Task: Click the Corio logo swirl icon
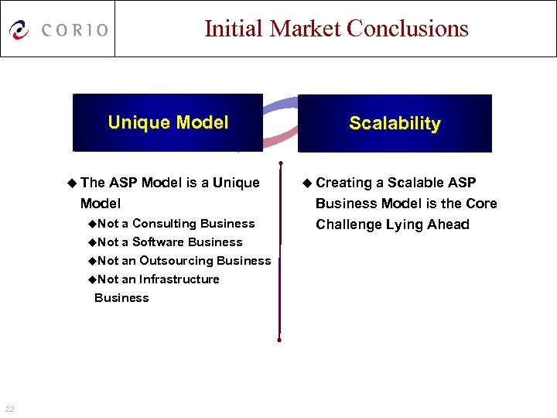[x=19, y=29]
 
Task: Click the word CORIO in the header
[x=75, y=30]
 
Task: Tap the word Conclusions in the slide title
[x=408, y=29]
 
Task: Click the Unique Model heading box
[x=168, y=122]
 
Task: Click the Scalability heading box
[x=395, y=123]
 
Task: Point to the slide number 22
[x=9, y=409]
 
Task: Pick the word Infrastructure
[x=179, y=279]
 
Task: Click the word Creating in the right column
[x=344, y=183]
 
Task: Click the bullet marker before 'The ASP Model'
[x=73, y=183]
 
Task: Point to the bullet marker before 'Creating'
[x=308, y=183]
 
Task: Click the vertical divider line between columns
[x=280, y=248]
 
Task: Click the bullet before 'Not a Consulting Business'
[x=92, y=224]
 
